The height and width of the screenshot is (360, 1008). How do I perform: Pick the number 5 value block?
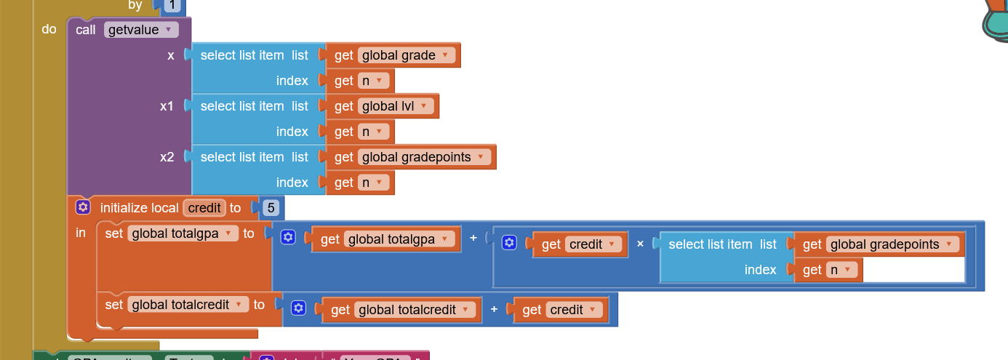click(x=271, y=208)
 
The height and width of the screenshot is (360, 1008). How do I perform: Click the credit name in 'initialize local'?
click(x=204, y=208)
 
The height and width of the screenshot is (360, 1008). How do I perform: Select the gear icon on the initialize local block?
click(x=83, y=208)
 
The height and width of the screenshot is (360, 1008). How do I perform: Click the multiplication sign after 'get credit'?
click(x=640, y=244)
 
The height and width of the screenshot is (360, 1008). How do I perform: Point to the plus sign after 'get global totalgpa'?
click(x=473, y=239)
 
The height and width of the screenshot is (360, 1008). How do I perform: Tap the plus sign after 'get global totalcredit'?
click(x=494, y=310)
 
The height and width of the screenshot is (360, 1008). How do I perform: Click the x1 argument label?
click(x=167, y=106)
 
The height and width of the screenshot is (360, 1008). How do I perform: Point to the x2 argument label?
click(x=167, y=157)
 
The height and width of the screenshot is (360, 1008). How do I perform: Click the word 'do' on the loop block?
click(x=49, y=30)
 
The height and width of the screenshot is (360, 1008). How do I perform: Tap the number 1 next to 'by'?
click(x=172, y=5)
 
